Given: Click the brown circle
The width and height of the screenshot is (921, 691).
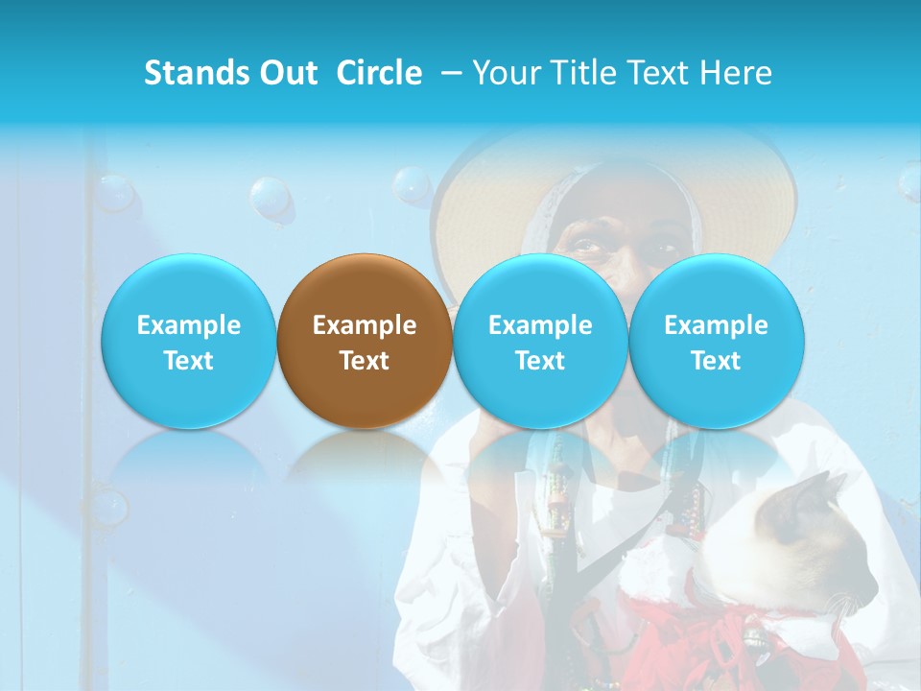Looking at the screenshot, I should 365,341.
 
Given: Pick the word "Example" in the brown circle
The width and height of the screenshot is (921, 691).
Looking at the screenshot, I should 365,325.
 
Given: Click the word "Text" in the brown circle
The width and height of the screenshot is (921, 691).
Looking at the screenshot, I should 365,361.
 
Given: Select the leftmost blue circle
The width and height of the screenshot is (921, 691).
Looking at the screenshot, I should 188,341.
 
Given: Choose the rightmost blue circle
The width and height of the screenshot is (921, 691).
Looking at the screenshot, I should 716,341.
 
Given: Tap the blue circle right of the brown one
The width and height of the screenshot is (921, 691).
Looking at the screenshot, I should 540,341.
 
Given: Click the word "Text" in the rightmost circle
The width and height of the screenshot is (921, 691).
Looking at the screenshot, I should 716,361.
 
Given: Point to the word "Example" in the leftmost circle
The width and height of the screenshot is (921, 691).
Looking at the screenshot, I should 188,325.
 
